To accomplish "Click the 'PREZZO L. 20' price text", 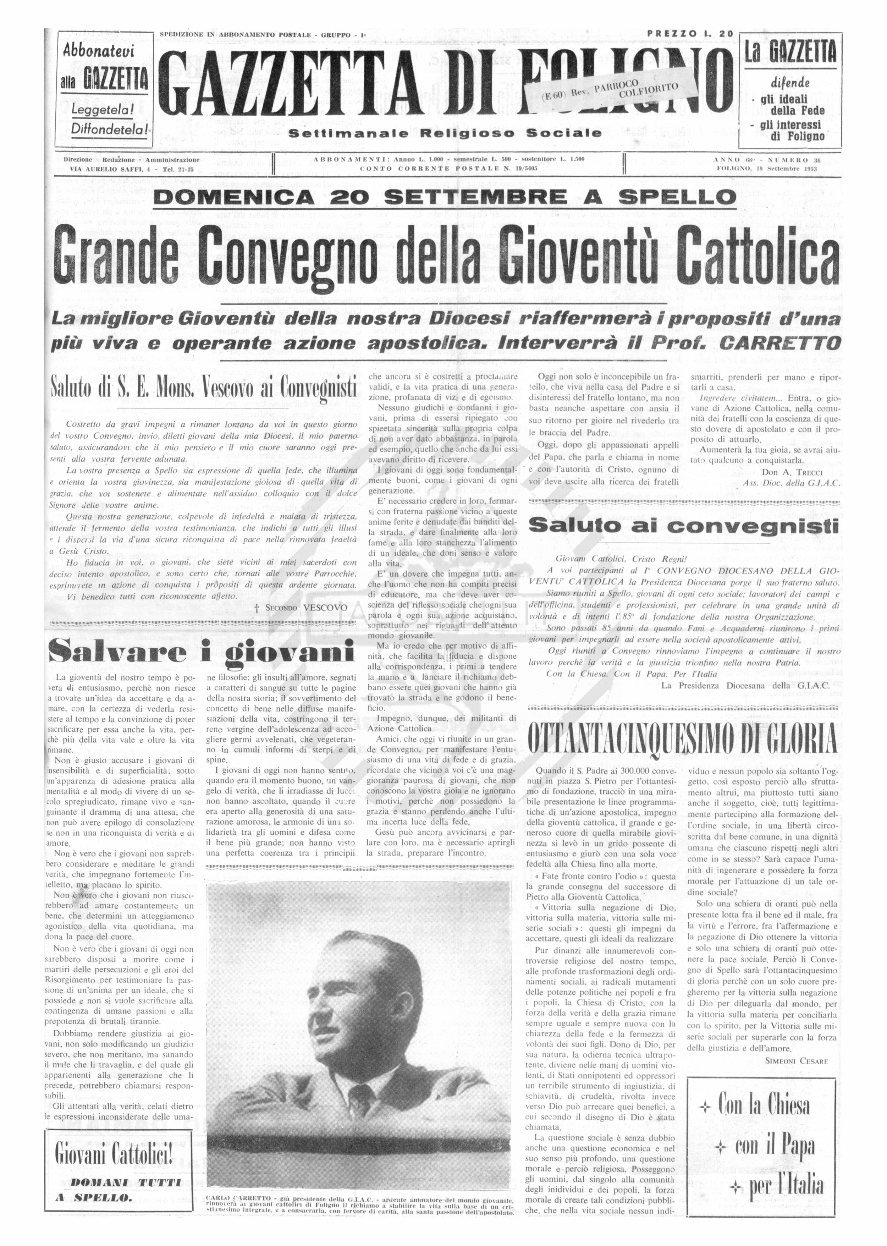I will click(x=689, y=34).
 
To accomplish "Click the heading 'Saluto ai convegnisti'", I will click(x=683, y=526).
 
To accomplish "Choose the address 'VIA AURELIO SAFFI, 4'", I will click(x=112, y=169).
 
